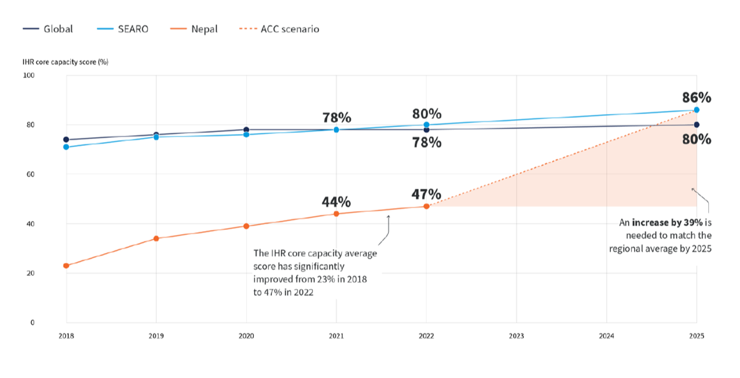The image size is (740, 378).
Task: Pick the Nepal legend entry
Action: click(203, 29)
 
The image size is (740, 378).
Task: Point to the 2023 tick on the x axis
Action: click(516, 336)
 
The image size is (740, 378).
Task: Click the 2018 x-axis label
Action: click(66, 336)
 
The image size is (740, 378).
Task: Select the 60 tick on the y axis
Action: click(31, 174)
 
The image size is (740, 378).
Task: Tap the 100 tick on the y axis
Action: click(29, 75)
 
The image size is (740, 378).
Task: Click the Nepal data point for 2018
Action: click(66, 266)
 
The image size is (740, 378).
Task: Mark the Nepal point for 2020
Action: click(246, 226)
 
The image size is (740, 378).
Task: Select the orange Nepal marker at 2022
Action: click(426, 206)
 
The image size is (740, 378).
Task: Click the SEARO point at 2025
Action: click(697, 110)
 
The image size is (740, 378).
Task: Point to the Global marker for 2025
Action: click(697, 125)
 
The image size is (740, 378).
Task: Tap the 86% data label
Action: click(697, 98)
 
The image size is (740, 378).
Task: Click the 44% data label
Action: click(337, 202)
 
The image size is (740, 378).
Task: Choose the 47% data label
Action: click(426, 195)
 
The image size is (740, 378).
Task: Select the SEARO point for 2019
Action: click(156, 137)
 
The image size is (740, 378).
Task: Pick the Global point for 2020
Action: click(246, 129)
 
